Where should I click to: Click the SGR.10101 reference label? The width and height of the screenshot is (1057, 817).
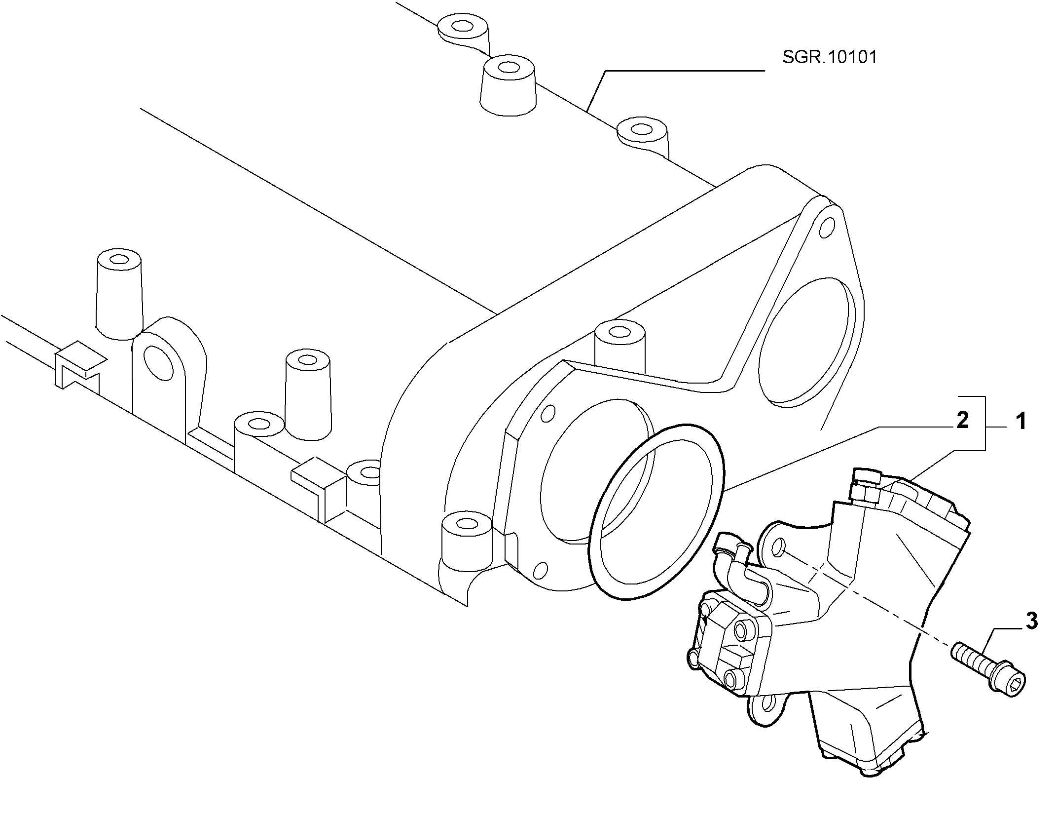pos(830,57)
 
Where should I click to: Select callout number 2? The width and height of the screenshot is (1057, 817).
pos(962,420)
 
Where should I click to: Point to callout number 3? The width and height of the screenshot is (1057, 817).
pos(1031,621)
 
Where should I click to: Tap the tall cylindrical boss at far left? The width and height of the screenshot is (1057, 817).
pos(119,293)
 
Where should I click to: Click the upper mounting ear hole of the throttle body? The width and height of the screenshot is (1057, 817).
pos(778,547)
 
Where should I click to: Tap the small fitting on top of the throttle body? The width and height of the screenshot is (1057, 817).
pos(865,485)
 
